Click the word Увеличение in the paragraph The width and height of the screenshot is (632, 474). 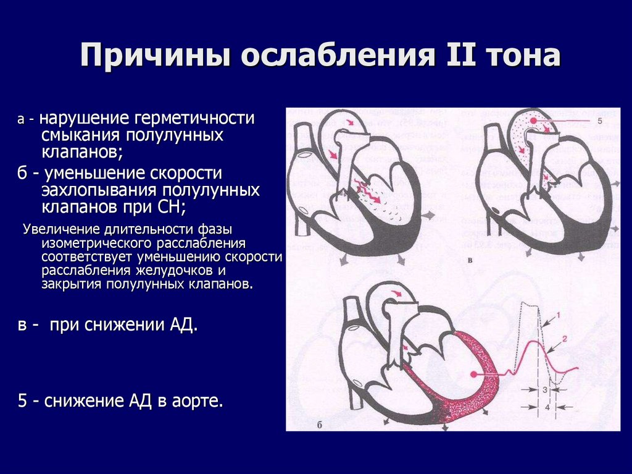(61, 229)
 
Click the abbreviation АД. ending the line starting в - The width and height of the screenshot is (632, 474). (183, 326)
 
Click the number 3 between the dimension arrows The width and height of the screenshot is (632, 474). (545, 391)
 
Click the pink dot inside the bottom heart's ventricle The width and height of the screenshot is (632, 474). (473, 375)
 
